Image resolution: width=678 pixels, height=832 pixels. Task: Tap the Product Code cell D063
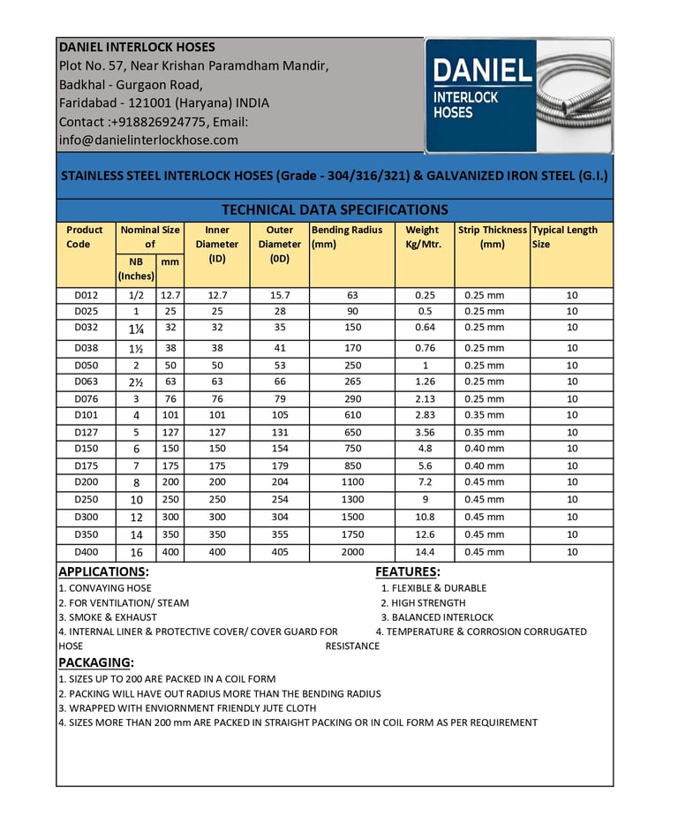tap(86, 382)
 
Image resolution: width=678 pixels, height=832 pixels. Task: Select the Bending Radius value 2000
tap(351, 552)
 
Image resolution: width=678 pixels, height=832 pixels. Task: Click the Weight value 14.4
tap(424, 552)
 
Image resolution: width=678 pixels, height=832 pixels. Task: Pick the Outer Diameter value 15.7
tap(279, 295)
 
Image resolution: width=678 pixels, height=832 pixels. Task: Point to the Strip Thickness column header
tap(492, 237)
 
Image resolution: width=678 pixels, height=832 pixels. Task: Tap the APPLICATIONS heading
tap(103, 571)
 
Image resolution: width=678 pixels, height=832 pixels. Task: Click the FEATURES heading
tap(407, 571)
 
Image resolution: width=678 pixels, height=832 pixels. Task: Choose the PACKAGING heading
tap(95, 662)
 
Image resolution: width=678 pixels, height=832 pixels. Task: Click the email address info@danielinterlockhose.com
tap(148, 140)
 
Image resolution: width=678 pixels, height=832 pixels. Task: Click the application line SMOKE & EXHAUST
tap(108, 617)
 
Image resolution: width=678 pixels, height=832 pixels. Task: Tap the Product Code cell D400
tap(86, 552)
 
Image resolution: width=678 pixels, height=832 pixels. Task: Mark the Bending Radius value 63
tap(351, 295)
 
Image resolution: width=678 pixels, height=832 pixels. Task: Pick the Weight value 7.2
tap(424, 483)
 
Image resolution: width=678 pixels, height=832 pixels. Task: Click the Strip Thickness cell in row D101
tap(485, 415)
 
